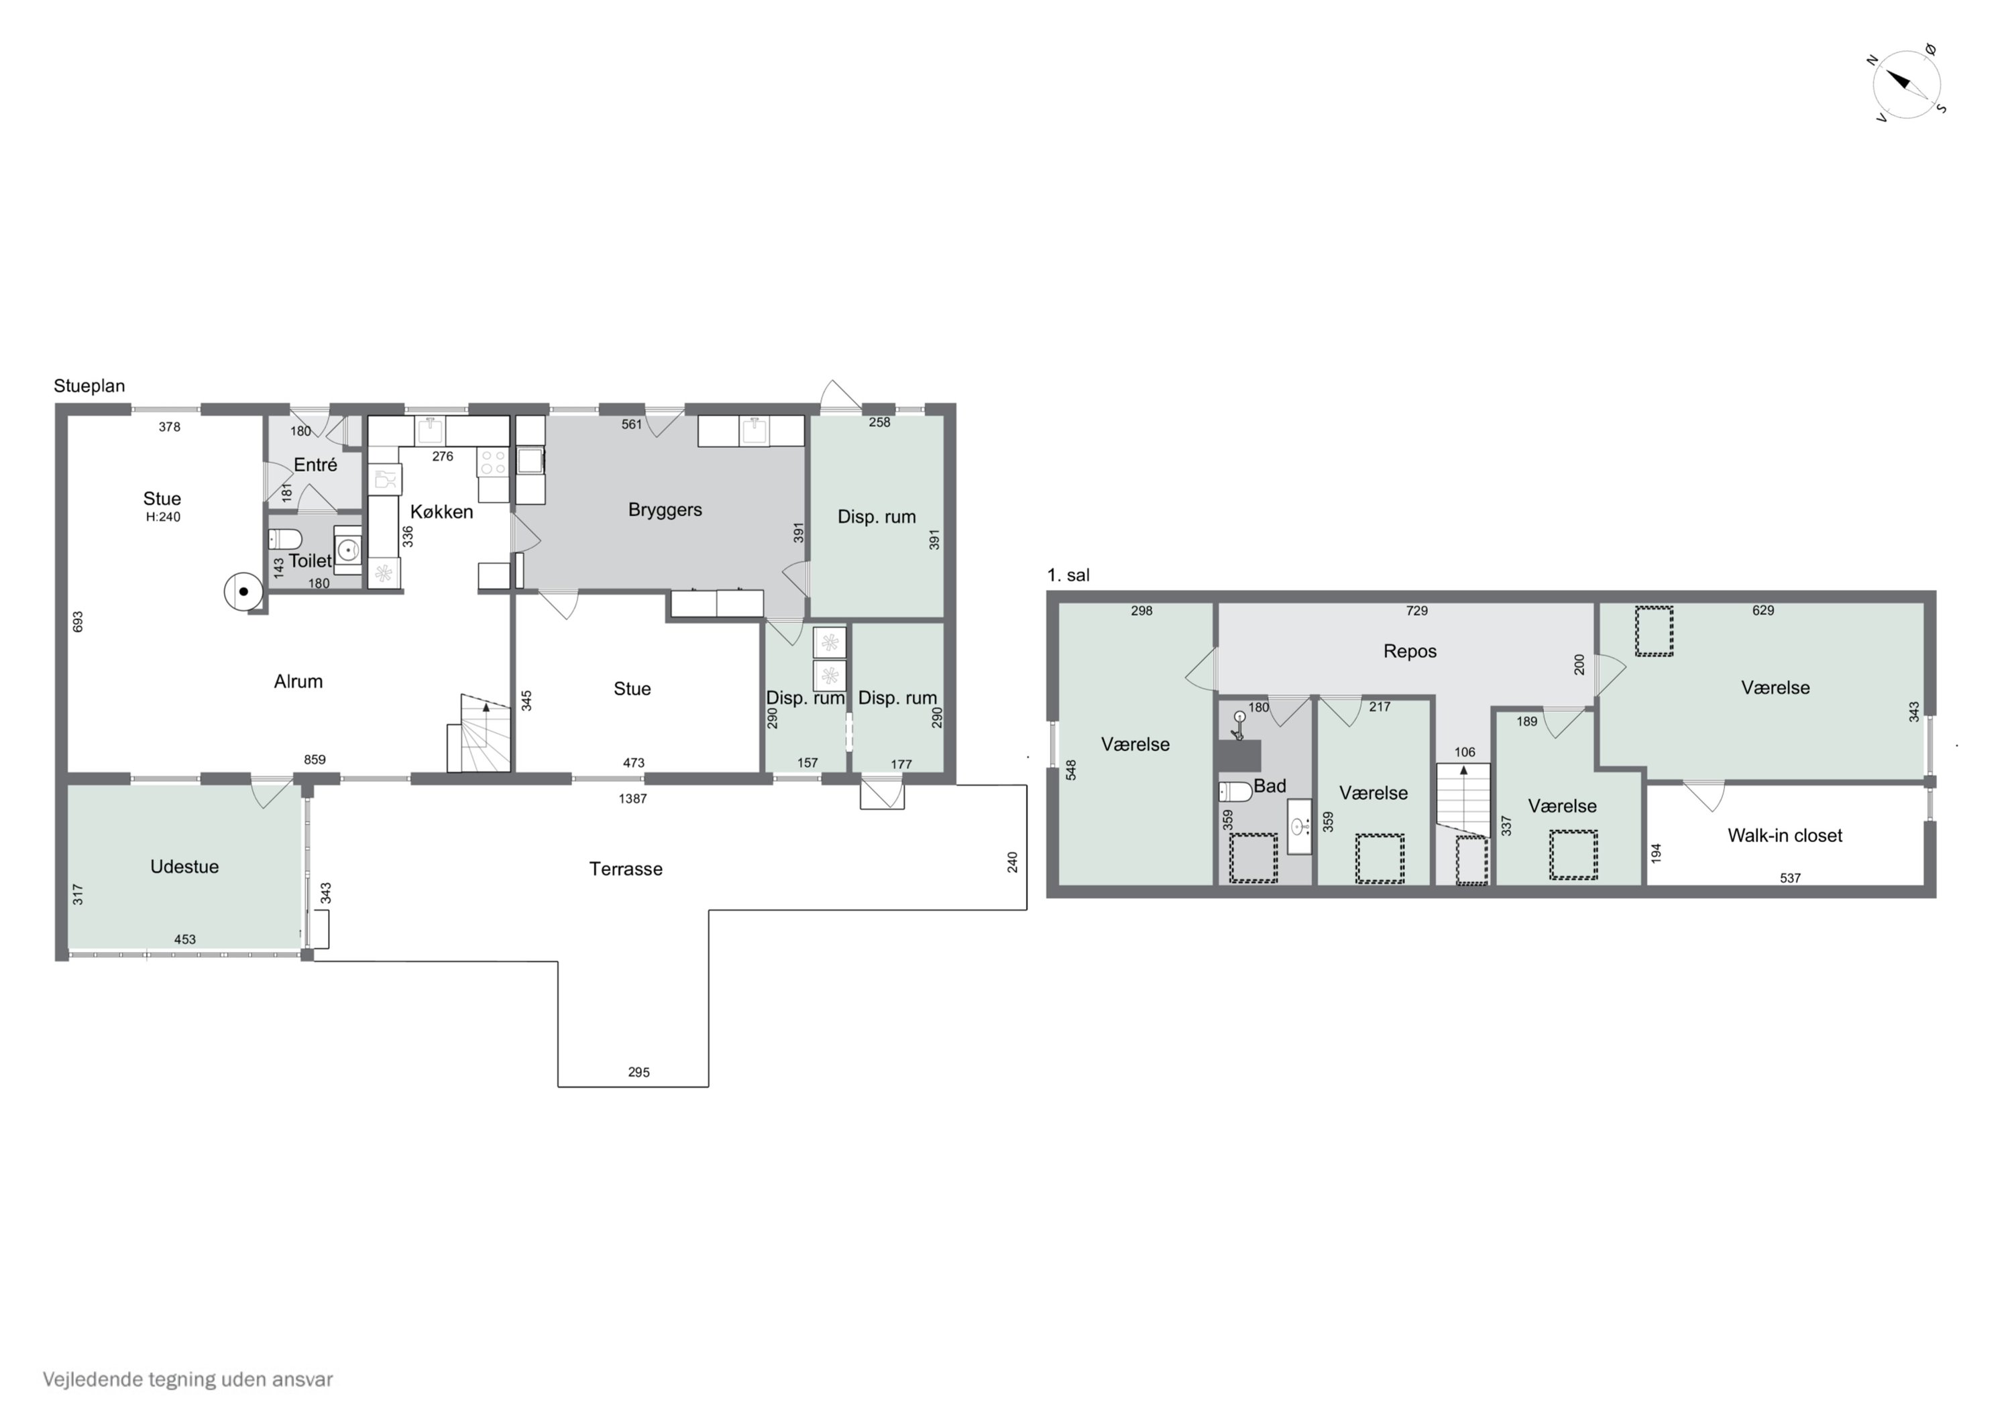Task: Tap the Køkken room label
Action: coord(442,512)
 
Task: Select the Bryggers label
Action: coord(665,510)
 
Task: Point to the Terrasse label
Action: coord(626,869)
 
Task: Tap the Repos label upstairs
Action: coord(1410,651)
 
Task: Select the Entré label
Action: coord(315,465)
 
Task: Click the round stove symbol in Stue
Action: coord(243,592)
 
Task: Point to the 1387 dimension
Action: coord(632,798)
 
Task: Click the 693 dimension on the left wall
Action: coord(78,622)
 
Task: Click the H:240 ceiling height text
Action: coord(163,517)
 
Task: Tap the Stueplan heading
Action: coord(89,386)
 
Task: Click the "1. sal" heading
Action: coord(1068,576)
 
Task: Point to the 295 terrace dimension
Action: coord(639,1073)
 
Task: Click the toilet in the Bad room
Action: coord(1235,791)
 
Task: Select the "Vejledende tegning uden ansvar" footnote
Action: coord(188,1380)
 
